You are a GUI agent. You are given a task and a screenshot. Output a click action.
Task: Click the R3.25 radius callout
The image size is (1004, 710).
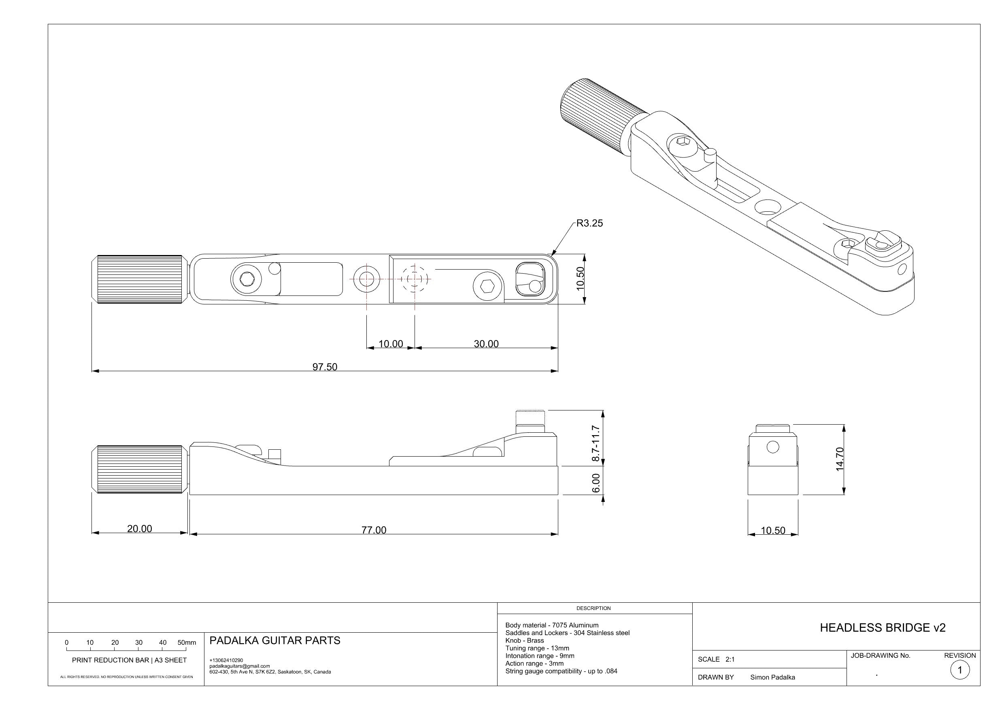pyautogui.click(x=589, y=223)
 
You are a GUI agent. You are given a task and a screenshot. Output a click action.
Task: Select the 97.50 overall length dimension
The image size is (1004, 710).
pyautogui.click(x=324, y=367)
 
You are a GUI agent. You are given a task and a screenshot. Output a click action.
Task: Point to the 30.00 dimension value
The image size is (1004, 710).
pyautogui.click(x=486, y=344)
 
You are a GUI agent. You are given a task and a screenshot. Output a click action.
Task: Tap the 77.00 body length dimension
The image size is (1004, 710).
pyautogui.click(x=373, y=530)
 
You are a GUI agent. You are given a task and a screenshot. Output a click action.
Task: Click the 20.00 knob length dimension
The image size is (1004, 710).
pyautogui.click(x=140, y=529)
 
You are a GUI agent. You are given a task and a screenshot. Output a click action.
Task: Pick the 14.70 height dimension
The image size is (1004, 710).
pyautogui.click(x=839, y=459)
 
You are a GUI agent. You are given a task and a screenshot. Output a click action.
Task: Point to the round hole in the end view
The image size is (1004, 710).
pyautogui.click(x=773, y=447)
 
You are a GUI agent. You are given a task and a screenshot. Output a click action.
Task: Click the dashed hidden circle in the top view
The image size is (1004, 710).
pyautogui.click(x=414, y=278)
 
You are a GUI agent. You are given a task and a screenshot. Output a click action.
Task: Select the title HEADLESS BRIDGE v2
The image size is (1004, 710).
pyautogui.click(x=883, y=628)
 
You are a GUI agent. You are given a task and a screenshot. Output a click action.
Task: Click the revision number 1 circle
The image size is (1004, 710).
pyautogui.click(x=960, y=670)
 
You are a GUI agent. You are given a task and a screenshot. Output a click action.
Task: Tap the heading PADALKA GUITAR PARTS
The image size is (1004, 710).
pyautogui.click(x=274, y=640)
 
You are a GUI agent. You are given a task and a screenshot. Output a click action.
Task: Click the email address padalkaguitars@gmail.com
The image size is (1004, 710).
pyautogui.click(x=239, y=666)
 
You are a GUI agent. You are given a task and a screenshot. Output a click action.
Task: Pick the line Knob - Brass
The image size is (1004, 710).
pyautogui.click(x=524, y=640)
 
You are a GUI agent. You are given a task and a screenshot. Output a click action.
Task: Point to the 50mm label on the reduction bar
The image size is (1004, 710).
pyautogui.click(x=187, y=643)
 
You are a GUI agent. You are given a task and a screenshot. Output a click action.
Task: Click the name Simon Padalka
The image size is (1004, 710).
pyautogui.click(x=772, y=677)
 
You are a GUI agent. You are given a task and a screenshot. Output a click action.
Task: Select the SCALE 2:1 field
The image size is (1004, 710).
pyautogui.click(x=716, y=659)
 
